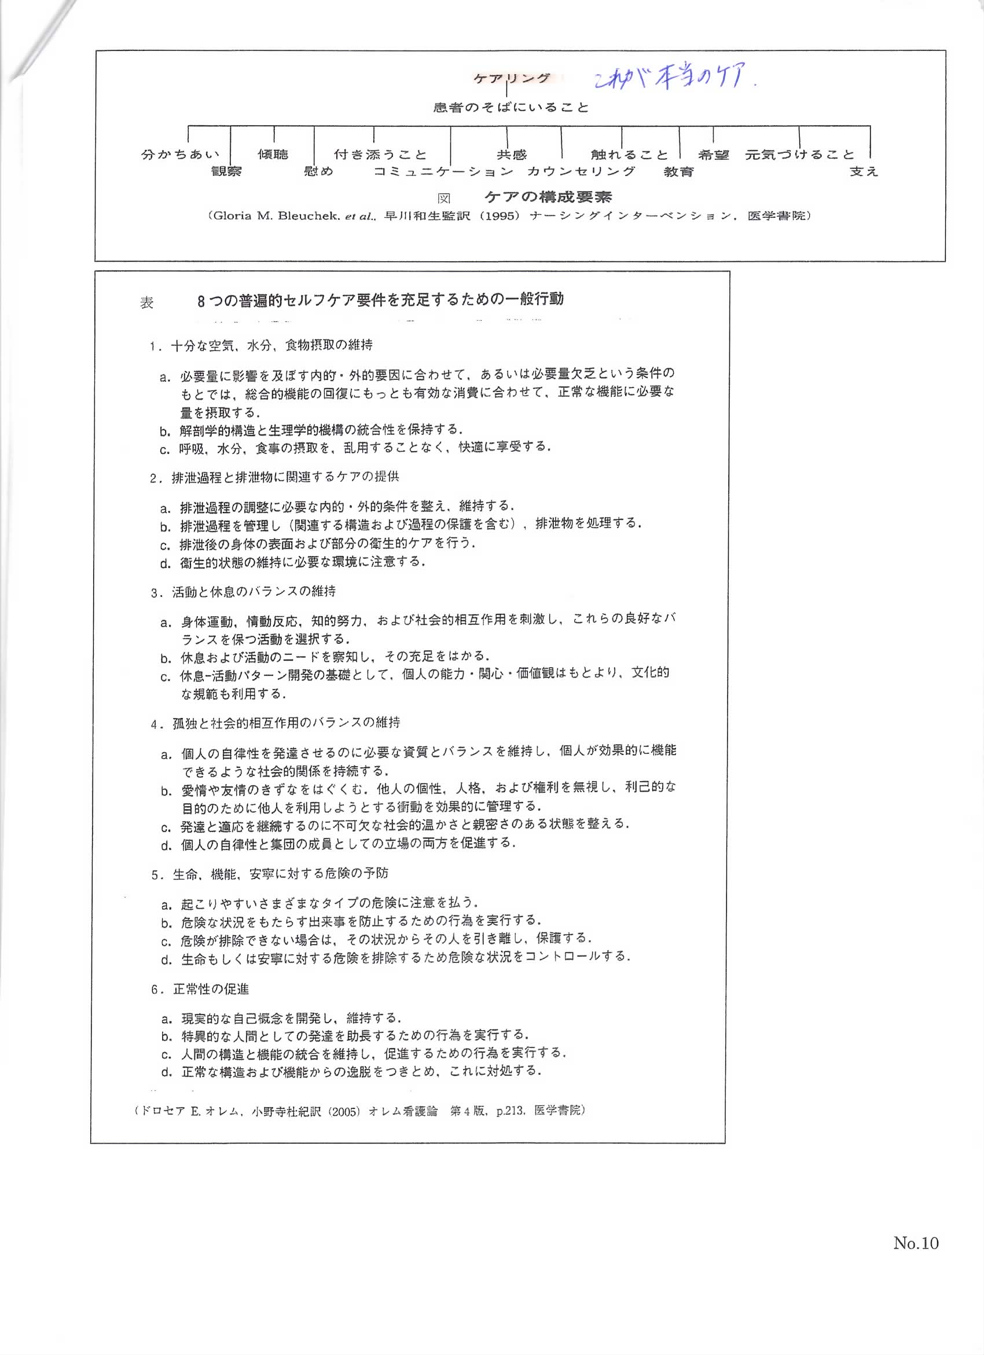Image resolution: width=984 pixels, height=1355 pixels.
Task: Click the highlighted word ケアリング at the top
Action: pyautogui.click(x=512, y=78)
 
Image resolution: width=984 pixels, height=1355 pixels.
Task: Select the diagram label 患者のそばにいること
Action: pyautogui.click(x=511, y=108)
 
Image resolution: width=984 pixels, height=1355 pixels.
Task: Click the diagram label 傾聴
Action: pyautogui.click(x=273, y=154)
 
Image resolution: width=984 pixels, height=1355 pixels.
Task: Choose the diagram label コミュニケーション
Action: pyautogui.click(x=443, y=172)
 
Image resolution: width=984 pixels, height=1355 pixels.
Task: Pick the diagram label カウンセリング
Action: pyautogui.click(x=581, y=172)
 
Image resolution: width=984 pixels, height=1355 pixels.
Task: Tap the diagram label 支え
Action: pyautogui.click(x=864, y=172)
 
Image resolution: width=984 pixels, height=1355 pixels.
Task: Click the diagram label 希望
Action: pyautogui.click(x=714, y=155)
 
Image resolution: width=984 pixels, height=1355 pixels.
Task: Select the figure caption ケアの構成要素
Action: pyautogui.click(x=548, y=196)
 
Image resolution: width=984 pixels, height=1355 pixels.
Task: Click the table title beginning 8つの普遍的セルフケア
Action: pyautogui.click(x=380, y=300)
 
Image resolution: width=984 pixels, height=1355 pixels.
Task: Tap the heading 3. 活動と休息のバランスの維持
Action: pyautogui.click(x=244, y=591)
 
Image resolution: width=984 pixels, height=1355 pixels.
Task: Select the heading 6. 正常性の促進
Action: pyautogui.click(x=201, y=990)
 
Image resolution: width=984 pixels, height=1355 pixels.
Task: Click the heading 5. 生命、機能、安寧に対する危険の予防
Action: pyautogui.click(x=270, y=873)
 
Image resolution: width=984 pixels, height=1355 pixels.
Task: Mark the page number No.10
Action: pyautogui.click(x=915, y=1243)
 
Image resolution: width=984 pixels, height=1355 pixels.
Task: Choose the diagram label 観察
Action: pyautogui.click(x=226, y=172)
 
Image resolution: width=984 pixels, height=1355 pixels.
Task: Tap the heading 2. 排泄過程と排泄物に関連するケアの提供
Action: pyautogui.click(x=275, y=477)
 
